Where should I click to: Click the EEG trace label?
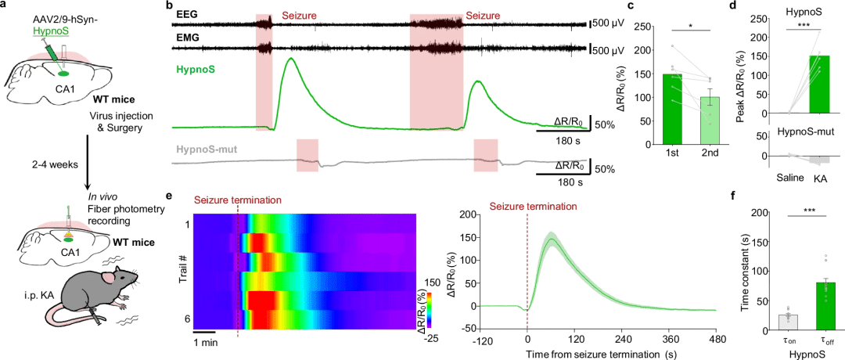point(187,15)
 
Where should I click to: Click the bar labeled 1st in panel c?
point(672,109)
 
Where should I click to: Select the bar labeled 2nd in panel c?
point(710,121)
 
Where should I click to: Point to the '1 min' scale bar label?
point(206,343)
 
